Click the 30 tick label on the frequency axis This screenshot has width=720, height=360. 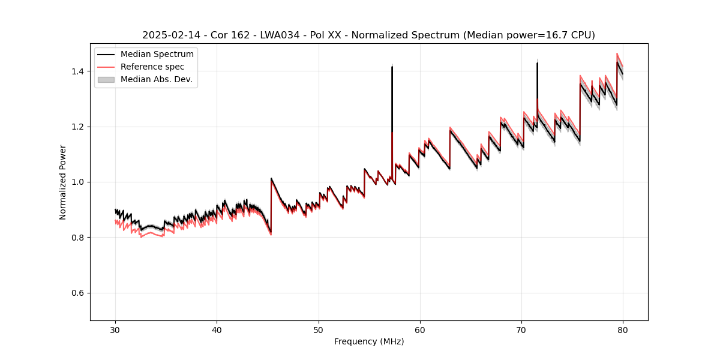(x=115, y=330)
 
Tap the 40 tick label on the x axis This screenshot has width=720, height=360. (x=217, y=330)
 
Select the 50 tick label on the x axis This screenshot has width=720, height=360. (x=319, y=330)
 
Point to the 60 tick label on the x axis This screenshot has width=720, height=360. (x=420, y=330)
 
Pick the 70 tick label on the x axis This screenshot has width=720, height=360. (x=521, y=330)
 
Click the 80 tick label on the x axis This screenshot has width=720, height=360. (x=623, y=330)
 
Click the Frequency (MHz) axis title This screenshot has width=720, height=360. (x=369, y=341)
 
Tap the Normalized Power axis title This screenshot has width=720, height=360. (x=63, y=182)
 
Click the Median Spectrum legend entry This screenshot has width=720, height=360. (x=157, y=55)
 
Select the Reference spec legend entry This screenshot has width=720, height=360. (x=152, y=67)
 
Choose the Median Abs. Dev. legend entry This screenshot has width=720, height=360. (x=157, y=79)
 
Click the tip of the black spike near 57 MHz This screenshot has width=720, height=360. (x=392, y=67)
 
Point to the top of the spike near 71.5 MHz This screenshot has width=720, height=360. (x=537, y=63)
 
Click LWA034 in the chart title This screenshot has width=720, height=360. (x=275, y=35)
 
